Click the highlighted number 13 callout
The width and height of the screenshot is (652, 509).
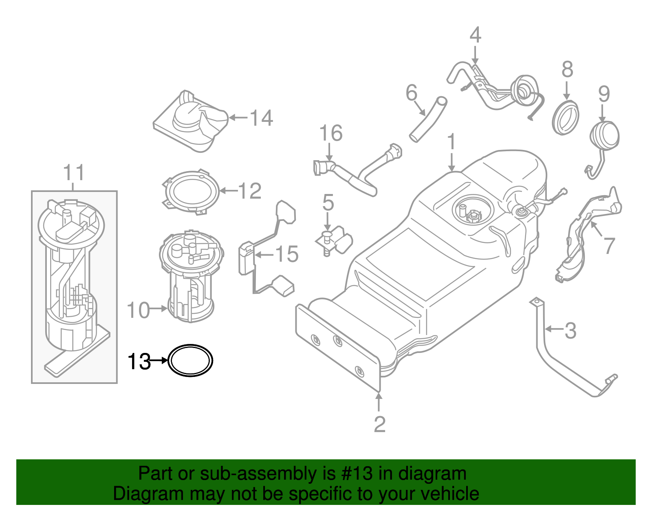[139, 361]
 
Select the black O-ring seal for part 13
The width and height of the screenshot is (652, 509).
[190, 347]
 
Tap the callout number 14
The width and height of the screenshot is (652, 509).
[261, 118]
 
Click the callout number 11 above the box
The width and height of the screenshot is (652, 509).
[74, 173]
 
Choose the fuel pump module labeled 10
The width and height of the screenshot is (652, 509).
[191, 277]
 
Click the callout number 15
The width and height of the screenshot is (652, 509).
[287, 254]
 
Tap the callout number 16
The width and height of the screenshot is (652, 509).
[330, 133]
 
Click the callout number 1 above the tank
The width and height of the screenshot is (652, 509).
[451, 142]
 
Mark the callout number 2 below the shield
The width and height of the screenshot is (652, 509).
[379, 425]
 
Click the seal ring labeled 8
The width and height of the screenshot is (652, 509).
[566, 118]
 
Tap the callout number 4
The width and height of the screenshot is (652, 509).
[475, 35]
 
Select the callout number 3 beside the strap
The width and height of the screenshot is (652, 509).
[570, 331]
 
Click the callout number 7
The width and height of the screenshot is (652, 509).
[609, 246]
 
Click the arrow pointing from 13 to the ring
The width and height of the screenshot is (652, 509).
[159, 361]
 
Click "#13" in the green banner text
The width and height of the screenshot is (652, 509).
[355, 474]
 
